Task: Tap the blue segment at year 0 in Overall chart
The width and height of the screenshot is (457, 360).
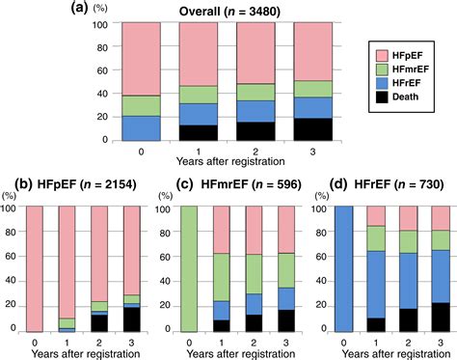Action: point(141,128)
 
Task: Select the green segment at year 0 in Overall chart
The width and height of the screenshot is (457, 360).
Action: point(141,105)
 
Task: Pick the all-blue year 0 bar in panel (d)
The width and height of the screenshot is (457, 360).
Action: point(340,269)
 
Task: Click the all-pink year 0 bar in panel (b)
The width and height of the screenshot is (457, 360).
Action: point(38,269)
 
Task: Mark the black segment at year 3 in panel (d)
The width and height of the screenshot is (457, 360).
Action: point(439,318)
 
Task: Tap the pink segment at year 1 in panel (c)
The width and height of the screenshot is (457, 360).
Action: point(222,230)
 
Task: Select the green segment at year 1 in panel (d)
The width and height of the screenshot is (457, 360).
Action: point(374,238)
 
